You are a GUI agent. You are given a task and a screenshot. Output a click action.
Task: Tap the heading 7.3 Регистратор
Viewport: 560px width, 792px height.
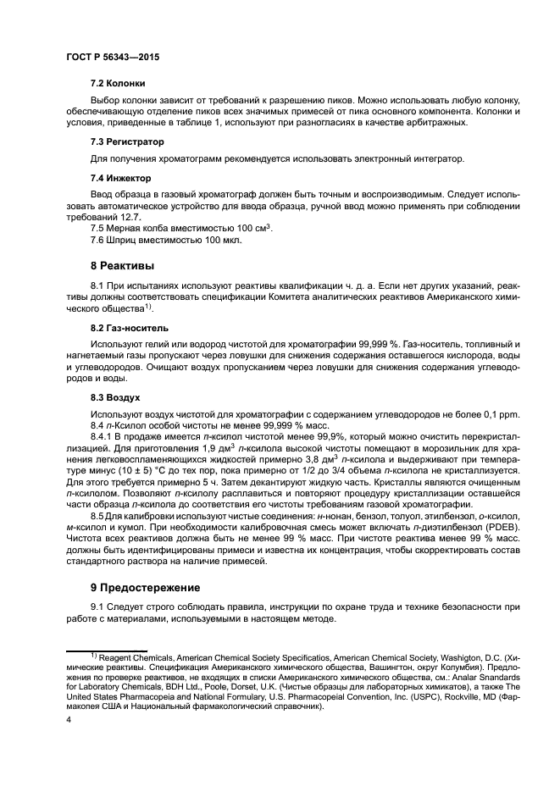pyautogui.click(x=127, y=142)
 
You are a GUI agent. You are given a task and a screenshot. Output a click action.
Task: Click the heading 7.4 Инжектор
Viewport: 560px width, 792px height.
pyautogui.click(x=120, y=179)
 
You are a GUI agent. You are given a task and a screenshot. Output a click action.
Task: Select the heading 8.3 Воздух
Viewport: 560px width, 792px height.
pyautogui.click(x=115, y=396)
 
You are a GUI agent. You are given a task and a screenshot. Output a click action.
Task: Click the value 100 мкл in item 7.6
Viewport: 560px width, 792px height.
pyautogui.click(x=221, y=240)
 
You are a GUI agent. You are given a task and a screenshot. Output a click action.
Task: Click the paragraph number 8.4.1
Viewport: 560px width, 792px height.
pyautogui.click(x=103, y=435)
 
